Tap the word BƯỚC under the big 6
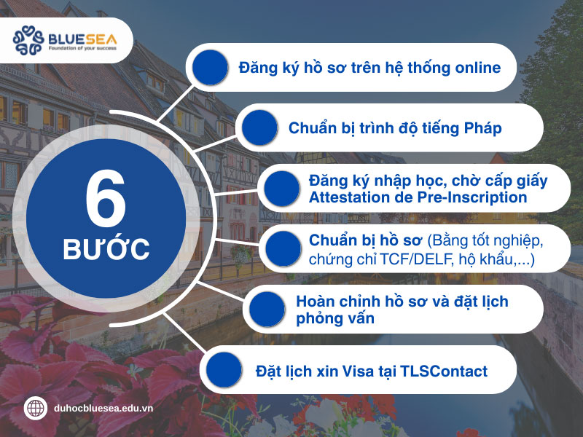(106, 249)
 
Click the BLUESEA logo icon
(30, 41)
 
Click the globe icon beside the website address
(35, 408)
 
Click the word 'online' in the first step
(477, 68)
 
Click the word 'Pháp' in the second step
(482, 128)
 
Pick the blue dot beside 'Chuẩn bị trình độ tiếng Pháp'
(261, 128)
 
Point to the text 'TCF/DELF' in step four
(416, 259)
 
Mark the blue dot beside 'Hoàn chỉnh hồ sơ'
(267, 310)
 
